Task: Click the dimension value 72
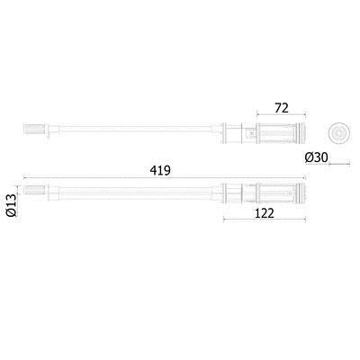[282, 108]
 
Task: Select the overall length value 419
[160, 170]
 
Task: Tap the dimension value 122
[265, 213]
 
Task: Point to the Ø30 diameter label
[317, 157]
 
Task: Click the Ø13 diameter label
[12, 205]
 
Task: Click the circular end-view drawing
[338, 132]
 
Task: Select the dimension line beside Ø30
[339, 164]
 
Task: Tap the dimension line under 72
[282, 114]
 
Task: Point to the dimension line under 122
[265, 220]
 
